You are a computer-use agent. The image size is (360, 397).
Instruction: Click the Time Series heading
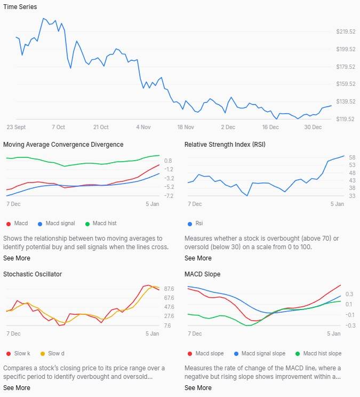coord(20,6)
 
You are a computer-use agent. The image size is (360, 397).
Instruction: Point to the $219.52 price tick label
coord(346,32)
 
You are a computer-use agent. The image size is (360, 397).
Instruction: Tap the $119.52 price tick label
coord(346,119)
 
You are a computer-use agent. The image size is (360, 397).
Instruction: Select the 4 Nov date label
coord(143,128)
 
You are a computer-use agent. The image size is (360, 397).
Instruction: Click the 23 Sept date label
coord(16,128)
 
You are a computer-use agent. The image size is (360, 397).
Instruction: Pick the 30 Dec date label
coord(313,128)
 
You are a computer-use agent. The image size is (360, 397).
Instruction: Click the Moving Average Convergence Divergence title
coord(63,145)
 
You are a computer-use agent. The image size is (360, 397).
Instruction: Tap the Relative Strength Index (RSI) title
coord(225,145)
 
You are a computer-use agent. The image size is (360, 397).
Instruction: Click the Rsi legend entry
coord(196,224)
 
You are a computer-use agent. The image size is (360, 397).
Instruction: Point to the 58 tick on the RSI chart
coord(337,157)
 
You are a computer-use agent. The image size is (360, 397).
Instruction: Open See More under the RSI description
coord(197,258)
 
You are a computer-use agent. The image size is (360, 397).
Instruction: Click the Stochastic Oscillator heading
coord(33,274)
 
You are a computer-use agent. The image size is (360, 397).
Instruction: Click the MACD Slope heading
coord(202,274)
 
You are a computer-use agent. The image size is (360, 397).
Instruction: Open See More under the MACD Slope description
coord(197,388)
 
